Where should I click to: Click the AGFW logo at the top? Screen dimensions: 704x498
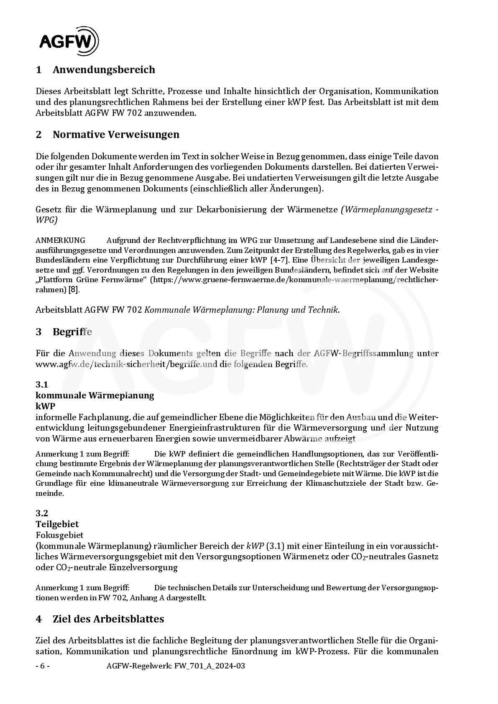69,41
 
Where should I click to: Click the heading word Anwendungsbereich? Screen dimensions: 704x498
104,69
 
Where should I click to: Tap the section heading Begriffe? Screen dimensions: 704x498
72,332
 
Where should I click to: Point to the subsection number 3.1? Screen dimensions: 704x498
42,384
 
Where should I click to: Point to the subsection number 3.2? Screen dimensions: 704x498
42,513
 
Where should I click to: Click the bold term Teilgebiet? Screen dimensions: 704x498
57,524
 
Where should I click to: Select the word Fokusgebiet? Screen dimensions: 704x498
59,535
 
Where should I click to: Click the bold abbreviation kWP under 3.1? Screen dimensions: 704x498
45,406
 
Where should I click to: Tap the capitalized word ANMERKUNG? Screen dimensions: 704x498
61,240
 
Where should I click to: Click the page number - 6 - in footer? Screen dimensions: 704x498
43,666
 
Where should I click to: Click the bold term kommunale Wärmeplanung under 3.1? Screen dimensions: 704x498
95,395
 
